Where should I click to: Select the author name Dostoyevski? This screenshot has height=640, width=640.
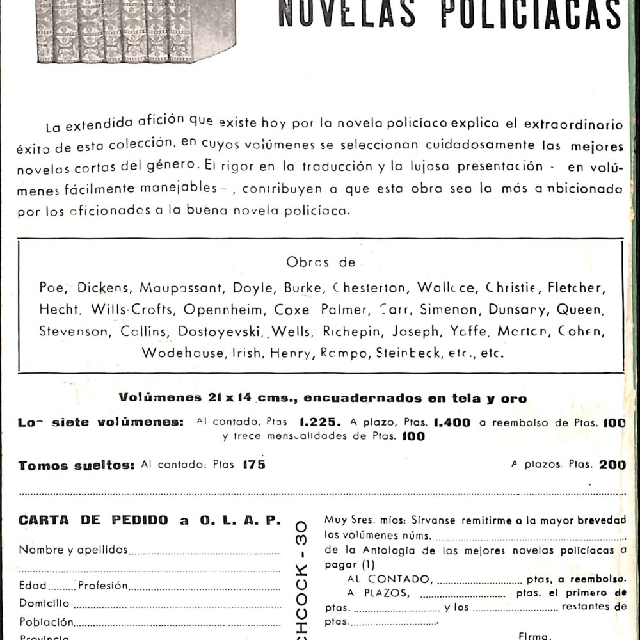[220, 332]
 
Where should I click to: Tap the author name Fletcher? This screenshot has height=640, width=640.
[575, 287]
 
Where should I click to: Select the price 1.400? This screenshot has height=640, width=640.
[451, 422]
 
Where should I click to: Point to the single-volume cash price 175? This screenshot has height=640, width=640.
[254, 465]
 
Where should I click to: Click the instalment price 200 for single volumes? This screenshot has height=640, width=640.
[612, 465]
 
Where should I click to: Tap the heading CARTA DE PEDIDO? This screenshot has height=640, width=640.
[93, 520]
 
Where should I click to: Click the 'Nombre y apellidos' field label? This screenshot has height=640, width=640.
[73, 550]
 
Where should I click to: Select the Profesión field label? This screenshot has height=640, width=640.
[103, 586]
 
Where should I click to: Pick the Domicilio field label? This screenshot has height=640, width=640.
[44, 603]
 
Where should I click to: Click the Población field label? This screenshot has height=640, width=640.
[46, 622]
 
